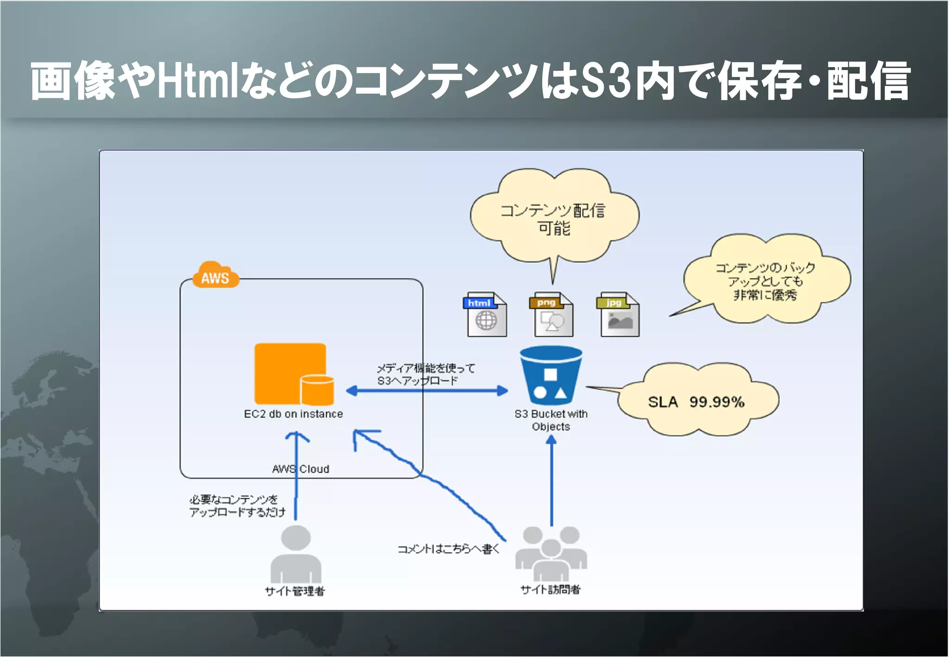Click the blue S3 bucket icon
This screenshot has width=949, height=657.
551,375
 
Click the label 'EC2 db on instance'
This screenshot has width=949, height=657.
293,414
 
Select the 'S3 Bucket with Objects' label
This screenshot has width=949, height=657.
551,420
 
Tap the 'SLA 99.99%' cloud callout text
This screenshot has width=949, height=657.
696,402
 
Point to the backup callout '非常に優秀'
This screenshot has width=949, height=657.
765,295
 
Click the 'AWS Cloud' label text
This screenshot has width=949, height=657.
301,469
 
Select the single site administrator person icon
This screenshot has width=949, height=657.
296,554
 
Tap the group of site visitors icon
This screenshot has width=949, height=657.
551,553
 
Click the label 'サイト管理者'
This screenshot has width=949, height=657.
295,591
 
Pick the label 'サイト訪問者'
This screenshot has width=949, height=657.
550,589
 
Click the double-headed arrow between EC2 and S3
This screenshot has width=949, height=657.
427,391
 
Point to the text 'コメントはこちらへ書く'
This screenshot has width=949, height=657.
449,549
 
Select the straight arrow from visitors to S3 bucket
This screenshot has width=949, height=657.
551,482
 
